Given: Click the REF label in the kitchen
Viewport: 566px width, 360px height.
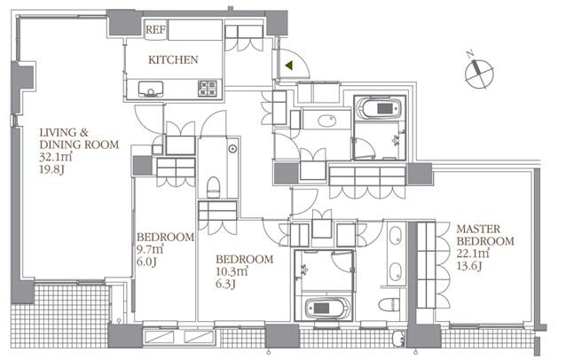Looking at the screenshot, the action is (x=156, y=29).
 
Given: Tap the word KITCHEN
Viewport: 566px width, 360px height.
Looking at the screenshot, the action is (x=173, y=59).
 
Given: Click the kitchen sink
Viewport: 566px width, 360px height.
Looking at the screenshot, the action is (x=151, y=89).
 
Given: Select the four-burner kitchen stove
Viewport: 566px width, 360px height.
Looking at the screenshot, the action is (x=208, y=89).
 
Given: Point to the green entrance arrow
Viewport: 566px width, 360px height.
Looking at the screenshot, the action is (x=289, y=66).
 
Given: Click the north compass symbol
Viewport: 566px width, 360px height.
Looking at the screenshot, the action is (x=479, y=74).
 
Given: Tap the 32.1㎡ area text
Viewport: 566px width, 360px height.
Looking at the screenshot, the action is (x=56, y=157).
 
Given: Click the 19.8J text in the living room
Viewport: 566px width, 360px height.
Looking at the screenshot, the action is (x=51, y=169).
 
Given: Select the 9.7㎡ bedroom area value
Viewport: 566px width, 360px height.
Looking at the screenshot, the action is (x=150, y=249).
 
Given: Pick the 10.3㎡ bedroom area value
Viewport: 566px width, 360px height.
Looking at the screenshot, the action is (x=232, y=271).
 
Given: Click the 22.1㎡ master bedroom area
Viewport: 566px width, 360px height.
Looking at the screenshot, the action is (x=473, y=254).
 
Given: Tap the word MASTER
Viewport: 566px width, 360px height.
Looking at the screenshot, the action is (x=478, y=229).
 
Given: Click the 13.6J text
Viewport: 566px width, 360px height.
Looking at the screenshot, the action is (x=469, y=266).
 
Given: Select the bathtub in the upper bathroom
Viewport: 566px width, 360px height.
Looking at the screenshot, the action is (x=379, y=107).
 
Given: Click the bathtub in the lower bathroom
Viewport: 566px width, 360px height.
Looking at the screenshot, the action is (x=327, y=308).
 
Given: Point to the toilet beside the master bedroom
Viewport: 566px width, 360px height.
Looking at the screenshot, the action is (x=389, y=304).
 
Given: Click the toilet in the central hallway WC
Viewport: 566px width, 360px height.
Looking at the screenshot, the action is (x=214, y=187).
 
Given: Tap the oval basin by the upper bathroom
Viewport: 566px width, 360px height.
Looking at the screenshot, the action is (x=327, y=121).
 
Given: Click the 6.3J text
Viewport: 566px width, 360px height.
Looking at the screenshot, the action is (x=225, y=285).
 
